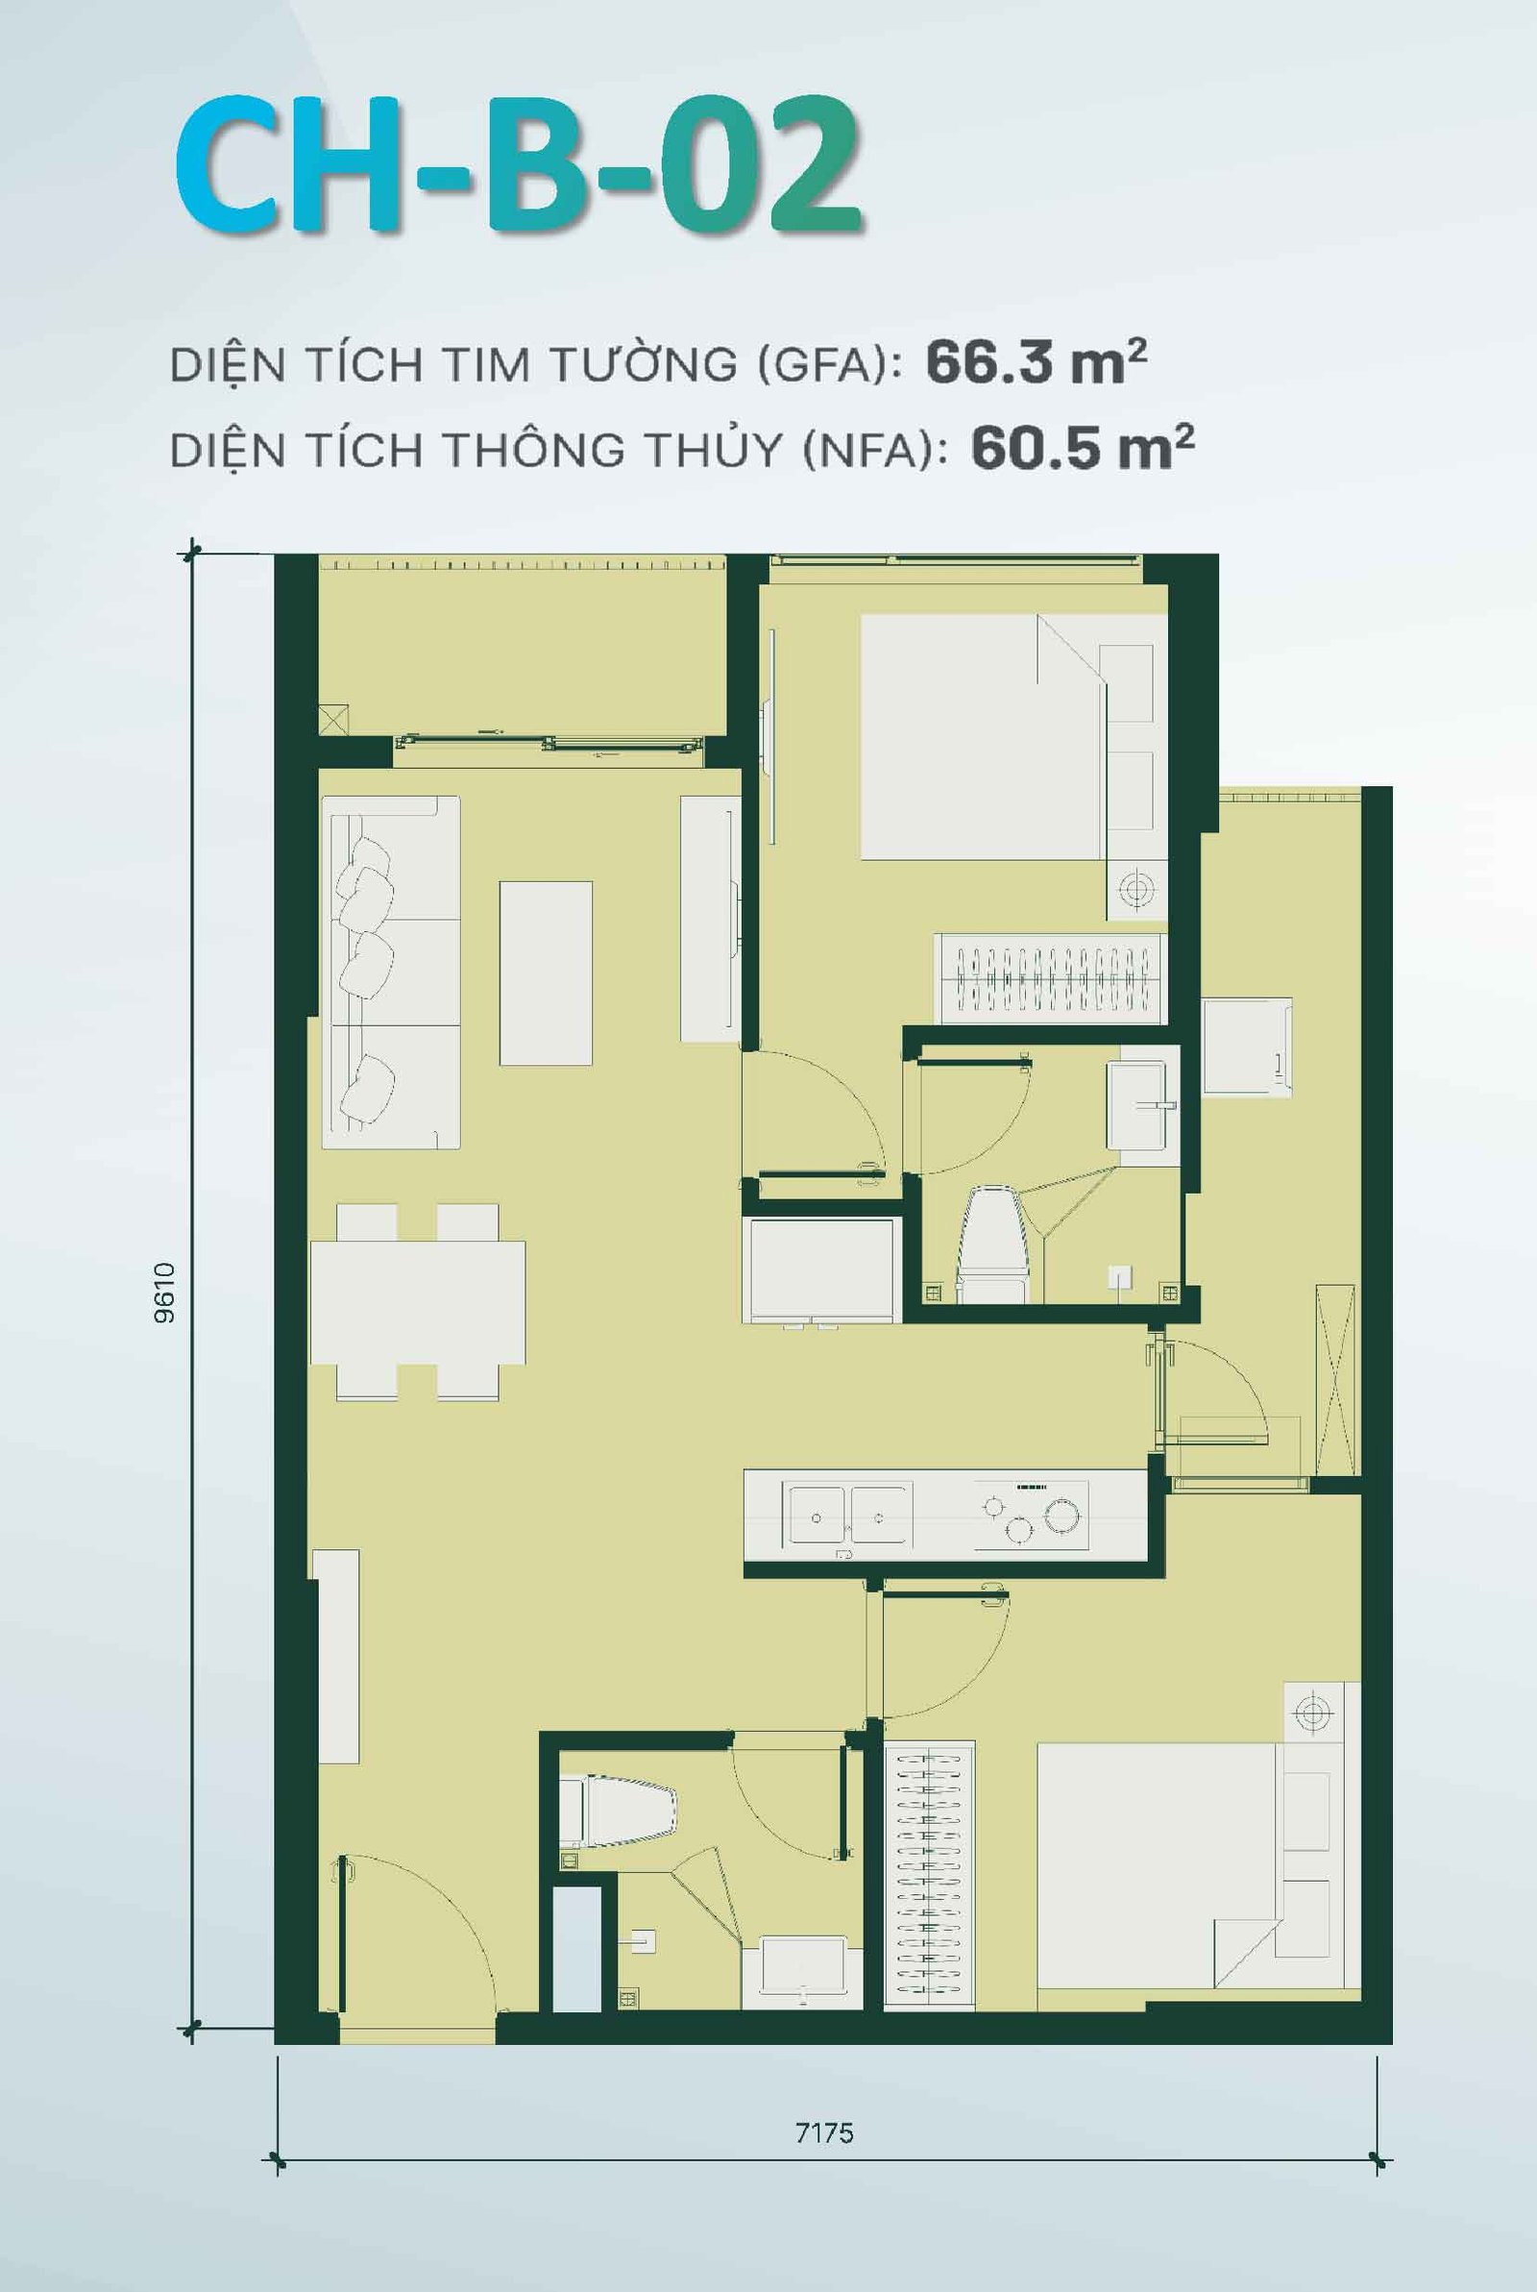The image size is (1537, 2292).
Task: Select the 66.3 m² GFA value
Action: click(x=1036, y=363)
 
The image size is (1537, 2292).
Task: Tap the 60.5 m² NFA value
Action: click(x=1082, y=449)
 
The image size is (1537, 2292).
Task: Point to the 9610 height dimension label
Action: click(x=164, y=1294)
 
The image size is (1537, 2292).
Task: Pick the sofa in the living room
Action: click(x=390, y=972)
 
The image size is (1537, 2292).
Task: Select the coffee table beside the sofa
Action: click(x=545, y=973)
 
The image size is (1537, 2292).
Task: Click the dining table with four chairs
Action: click(x=418, y=1302)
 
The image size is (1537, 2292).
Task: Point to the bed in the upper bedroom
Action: click(x=980, y=737)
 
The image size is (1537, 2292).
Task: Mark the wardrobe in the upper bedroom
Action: click(x=1049, y=977)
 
